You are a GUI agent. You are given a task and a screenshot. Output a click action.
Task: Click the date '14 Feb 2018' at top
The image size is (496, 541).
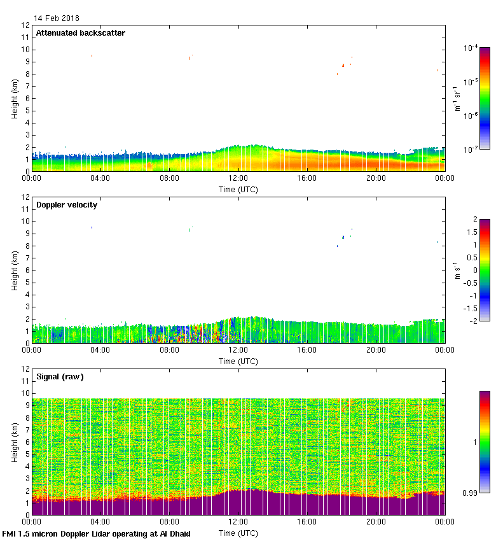[57, 18]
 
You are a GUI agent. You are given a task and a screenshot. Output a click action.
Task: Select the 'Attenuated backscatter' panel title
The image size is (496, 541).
[81, 32]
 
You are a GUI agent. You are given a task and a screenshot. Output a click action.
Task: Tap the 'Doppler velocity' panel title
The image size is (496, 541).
[66, 205]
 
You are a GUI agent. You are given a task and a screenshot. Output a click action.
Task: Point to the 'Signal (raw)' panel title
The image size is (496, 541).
[60, 377]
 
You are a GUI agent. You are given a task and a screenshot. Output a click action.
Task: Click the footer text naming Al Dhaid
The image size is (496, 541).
[97, 533]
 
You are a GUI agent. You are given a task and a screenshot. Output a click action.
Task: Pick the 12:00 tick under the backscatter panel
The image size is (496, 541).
[238, 179]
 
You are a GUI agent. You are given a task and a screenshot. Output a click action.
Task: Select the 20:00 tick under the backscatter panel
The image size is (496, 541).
[376, 179]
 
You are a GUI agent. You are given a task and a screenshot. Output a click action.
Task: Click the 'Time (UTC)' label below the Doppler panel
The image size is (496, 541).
[238, 361]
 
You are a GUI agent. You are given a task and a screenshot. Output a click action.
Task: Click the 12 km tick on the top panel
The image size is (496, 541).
[26, 25]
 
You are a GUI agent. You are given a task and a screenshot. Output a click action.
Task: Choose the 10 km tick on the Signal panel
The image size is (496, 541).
[26, 393]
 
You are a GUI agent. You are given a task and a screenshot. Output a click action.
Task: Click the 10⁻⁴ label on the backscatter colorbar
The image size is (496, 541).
[471, 48]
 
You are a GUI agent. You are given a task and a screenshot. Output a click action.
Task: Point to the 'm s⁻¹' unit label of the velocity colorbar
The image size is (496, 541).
[457, 270]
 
